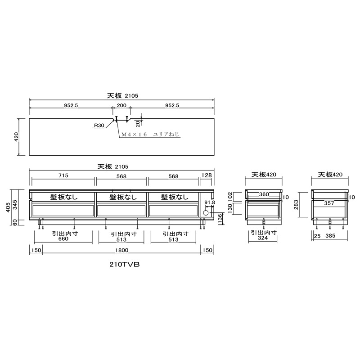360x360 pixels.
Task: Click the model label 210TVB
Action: click(125, 265)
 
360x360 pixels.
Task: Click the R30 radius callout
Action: click(99, 126)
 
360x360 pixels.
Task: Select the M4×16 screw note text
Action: click(150, 134)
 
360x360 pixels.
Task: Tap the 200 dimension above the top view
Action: click(121, 105)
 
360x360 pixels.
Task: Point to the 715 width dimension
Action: click(63, 175)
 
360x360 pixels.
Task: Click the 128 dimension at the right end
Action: click(207, 175)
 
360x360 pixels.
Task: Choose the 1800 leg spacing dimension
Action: click(121, 250)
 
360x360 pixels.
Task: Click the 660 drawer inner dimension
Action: click(63, 239)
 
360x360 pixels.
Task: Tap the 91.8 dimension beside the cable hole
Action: click(209, 202)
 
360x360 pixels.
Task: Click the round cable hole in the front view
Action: click(206, 213)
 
